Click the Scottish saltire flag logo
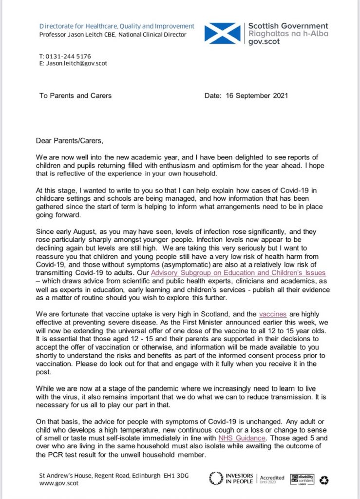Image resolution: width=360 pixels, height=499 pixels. pos(223,33)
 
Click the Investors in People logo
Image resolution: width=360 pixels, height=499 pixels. pos(231,478)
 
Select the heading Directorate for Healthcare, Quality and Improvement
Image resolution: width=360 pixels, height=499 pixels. pos(117,26)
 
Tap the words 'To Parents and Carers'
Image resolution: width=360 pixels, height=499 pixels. pos(76,96)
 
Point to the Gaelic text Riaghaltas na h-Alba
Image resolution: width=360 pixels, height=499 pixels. pos(288,34)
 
